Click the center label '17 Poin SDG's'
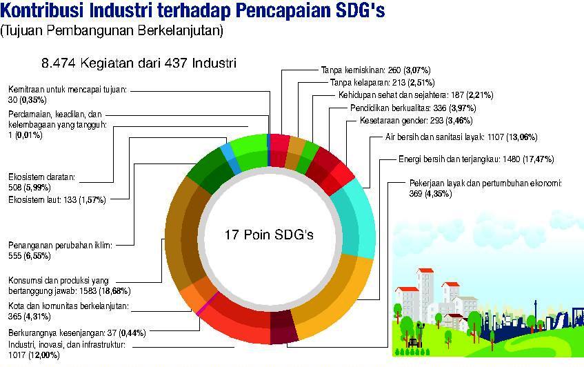click(269, 235)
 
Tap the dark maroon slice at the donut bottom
click(283, 328)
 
